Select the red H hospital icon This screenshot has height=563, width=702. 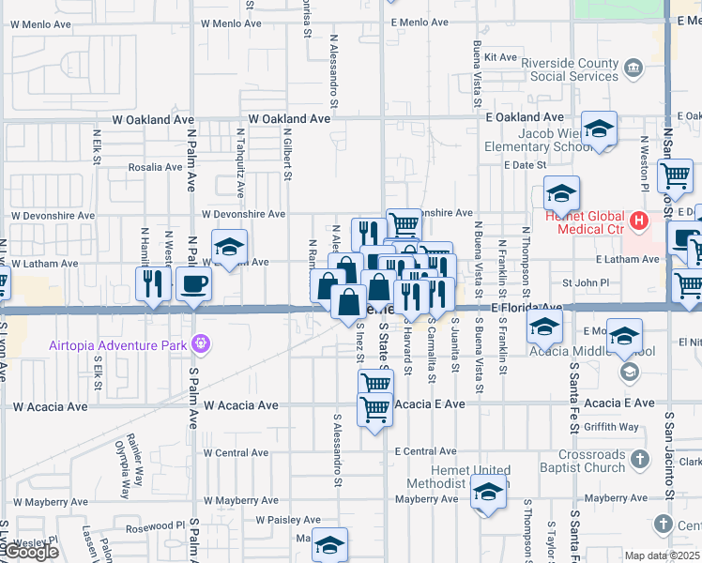tap(639, 222)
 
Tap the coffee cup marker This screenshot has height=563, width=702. tap(194, 282)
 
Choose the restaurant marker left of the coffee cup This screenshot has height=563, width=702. tap(150, 282)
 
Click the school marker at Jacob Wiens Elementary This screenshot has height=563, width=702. tap(598, 129)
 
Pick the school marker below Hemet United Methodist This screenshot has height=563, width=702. tap(487, 494)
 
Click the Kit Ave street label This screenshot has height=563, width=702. tap(500, 57)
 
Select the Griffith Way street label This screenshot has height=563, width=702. tap(610, 427)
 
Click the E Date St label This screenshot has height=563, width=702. tap(524, 164)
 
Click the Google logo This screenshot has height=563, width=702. tap(31, 552)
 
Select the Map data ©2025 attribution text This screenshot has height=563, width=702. tap(663, 555)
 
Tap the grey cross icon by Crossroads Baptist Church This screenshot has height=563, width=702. tap(640, 460)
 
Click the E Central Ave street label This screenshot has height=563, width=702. tap(424, 451)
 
